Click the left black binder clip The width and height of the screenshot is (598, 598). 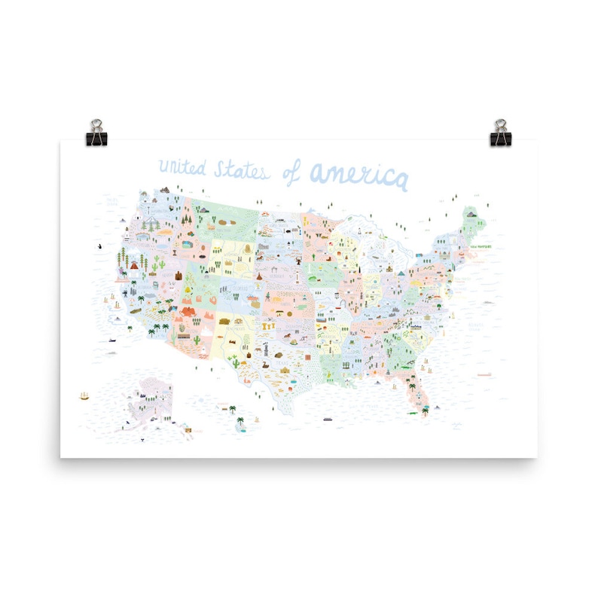coord(98,133)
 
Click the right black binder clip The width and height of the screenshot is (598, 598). coord(499,133)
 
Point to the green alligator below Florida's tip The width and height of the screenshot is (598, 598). coord(414,414)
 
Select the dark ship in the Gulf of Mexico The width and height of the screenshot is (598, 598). coord(328,419)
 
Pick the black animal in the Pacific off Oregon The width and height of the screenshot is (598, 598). coord(101,246)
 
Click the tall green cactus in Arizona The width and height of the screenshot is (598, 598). coord(198,340)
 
